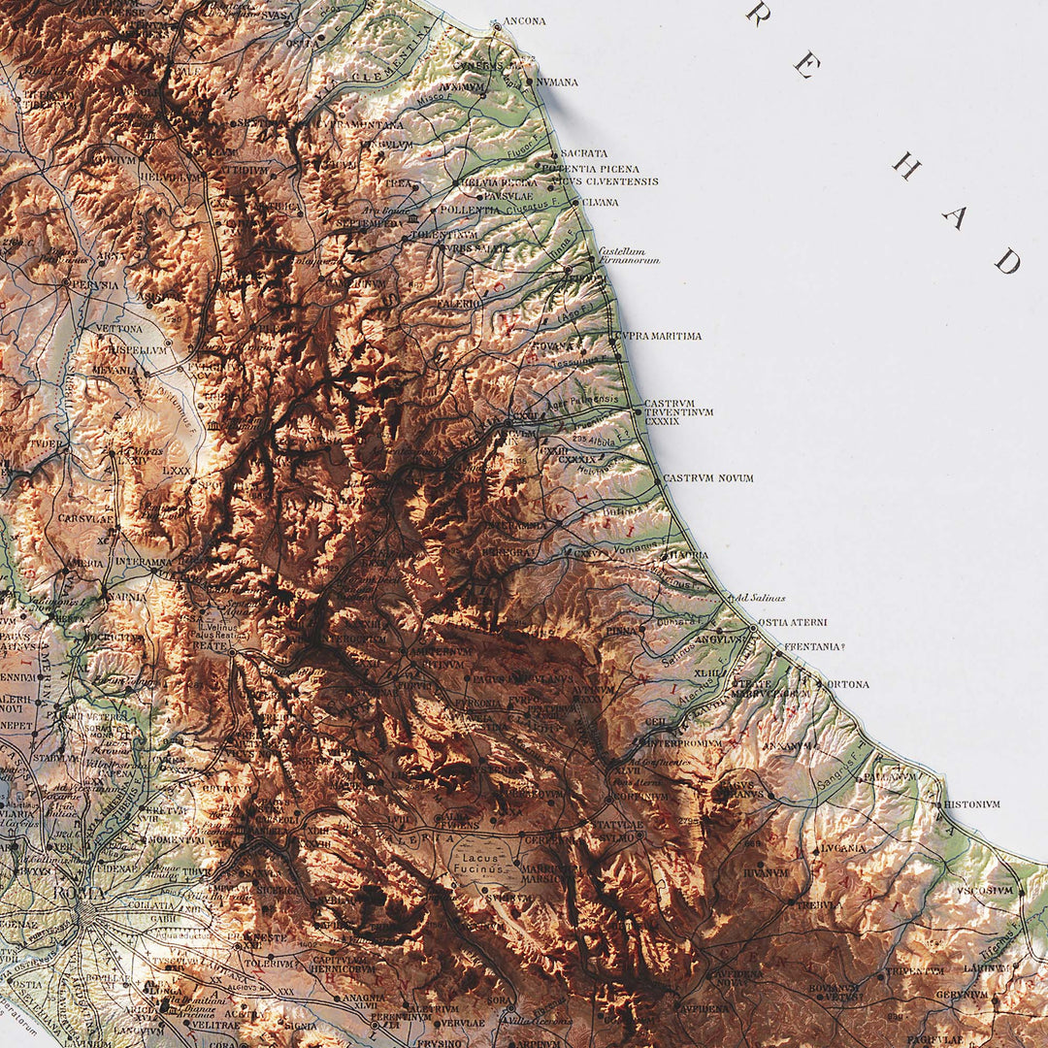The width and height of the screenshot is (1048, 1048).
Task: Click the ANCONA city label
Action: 525,20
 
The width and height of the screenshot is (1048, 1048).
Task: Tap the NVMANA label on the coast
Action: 557,82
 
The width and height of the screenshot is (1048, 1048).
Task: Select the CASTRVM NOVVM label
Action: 708,478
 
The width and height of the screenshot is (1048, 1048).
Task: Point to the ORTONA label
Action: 847,684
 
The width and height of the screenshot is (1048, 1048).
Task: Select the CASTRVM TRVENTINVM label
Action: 678,411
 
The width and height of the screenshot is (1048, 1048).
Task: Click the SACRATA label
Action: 584,153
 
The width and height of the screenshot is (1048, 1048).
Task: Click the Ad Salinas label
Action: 760,598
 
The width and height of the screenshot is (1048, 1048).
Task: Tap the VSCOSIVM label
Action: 984,890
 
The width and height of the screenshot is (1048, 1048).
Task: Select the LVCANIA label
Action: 843,848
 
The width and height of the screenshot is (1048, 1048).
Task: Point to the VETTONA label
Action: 118,329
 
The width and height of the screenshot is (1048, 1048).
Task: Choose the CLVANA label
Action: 600,203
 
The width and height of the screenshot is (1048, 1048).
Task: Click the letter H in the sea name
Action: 905,167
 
